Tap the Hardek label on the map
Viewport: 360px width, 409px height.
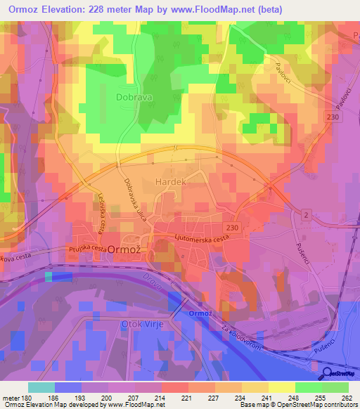pos(169,181)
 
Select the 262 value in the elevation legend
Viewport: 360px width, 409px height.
pos(347,398)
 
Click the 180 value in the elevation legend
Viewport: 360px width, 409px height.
pos(27,398)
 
